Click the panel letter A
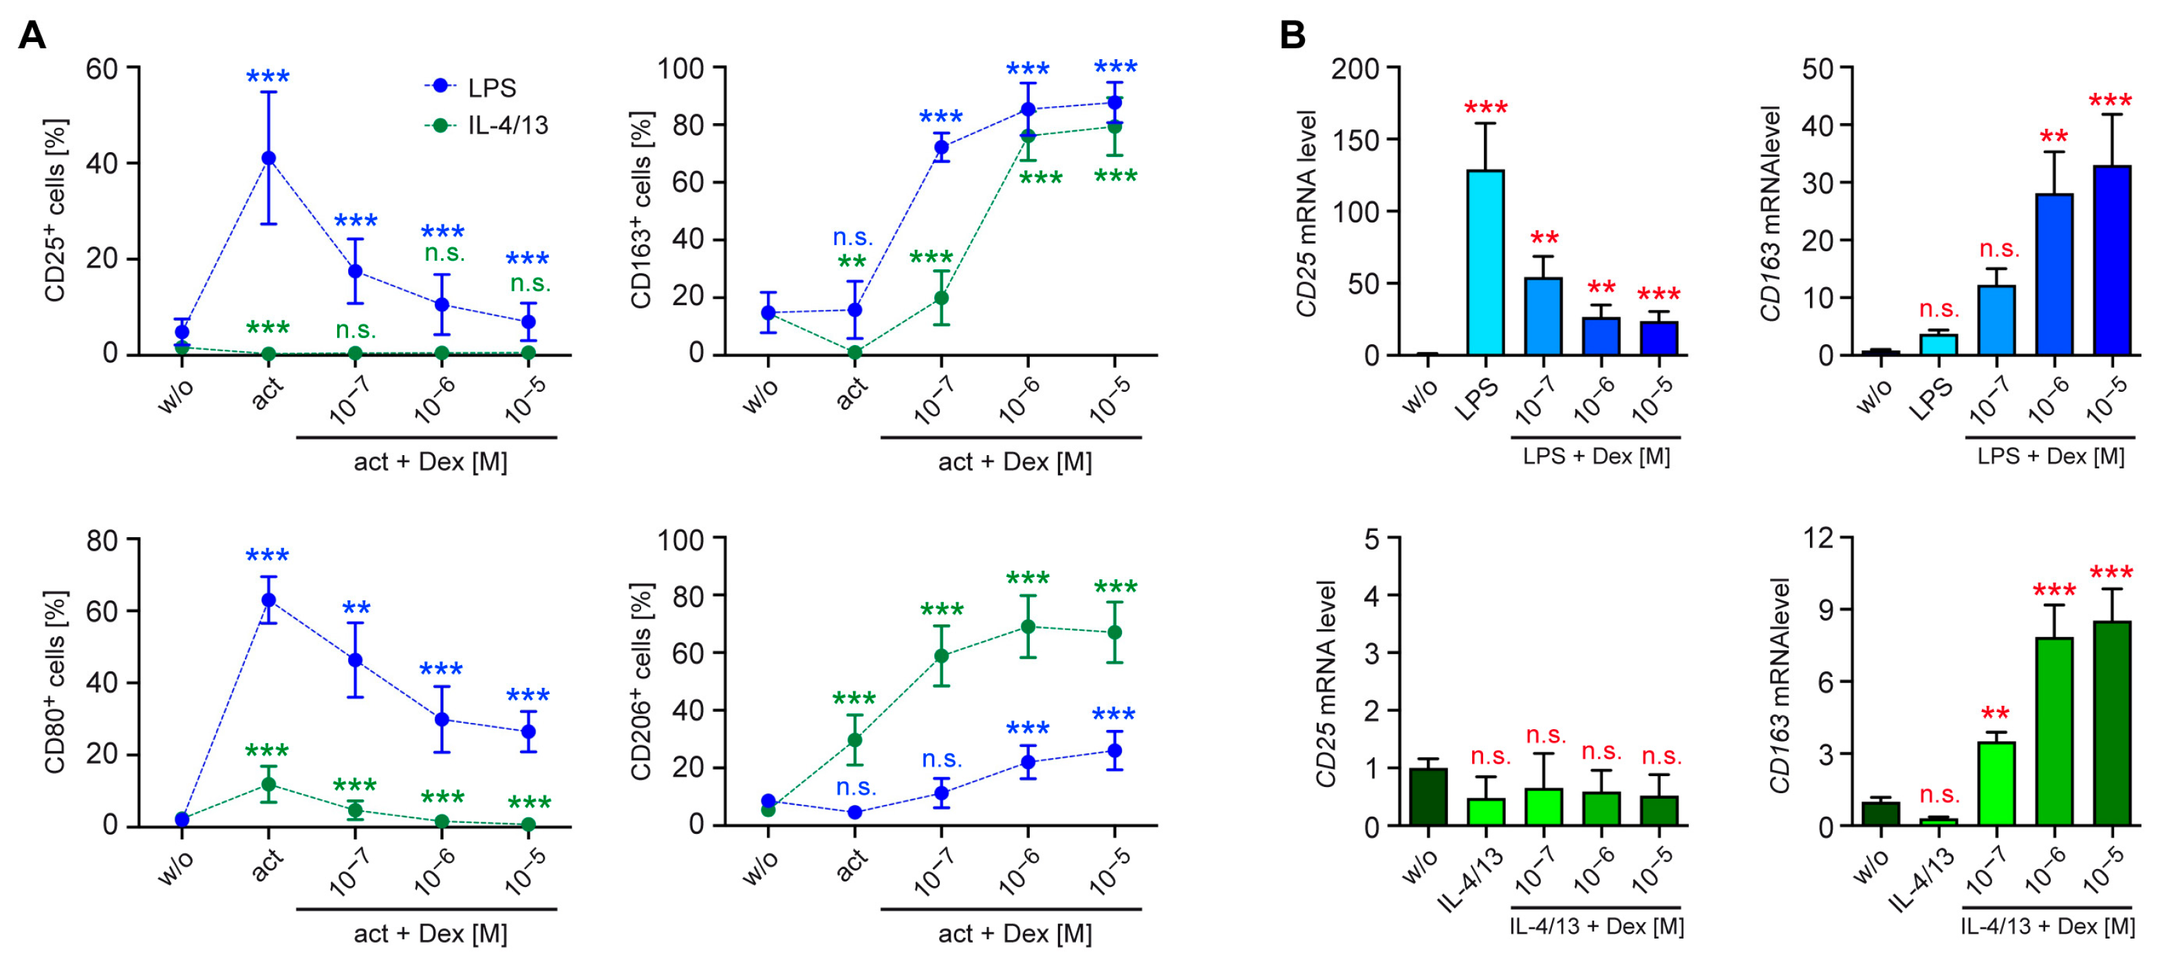tap(32, 36)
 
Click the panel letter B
tap(1293, 36)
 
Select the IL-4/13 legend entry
tap(507, 126)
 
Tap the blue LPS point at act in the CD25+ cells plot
tap(268, 158)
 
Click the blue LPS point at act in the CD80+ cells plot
tap(268, 600)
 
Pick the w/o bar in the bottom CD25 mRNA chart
tap(1428, 797)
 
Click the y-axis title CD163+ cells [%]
tap(641, 209)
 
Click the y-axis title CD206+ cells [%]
tap(641, 682)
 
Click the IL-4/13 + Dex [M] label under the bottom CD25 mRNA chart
tap(1596, 926)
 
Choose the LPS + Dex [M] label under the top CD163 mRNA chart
tap(2050, 457)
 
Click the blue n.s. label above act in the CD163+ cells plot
tap(853, 238)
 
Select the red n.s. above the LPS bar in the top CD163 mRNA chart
tap(1939, 309)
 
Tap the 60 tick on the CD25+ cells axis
tap(101, 68)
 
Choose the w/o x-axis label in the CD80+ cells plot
tap(177, 868)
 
